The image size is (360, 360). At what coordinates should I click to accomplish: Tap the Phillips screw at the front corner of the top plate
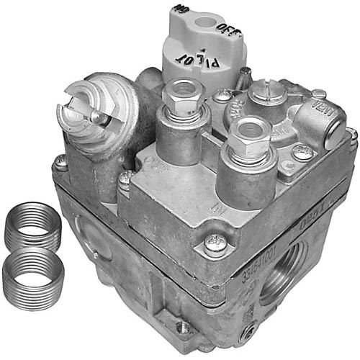[212, 244]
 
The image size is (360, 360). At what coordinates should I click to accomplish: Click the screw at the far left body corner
[61, 163]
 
